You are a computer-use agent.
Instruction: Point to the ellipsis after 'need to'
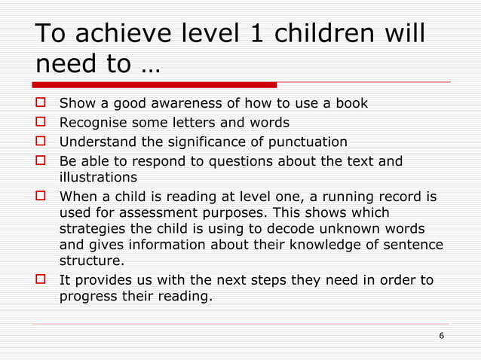pyautogui.click(x=150, y=65)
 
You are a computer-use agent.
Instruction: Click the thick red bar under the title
pyautogui.click(x=155, y=84)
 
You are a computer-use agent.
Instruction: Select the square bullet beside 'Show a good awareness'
pyautogui.click(x=42, y=103)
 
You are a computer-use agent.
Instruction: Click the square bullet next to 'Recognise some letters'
pyautogui.click(x=42, y=123)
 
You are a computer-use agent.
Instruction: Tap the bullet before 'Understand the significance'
pyautogui.click(x=42, y=142)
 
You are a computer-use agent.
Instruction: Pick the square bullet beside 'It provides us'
pyautogui.click(x=42, y=280)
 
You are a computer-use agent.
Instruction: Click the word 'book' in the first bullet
pyautogui.click(x=352, y=103)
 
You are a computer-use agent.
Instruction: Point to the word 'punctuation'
pyautogui.click(x=309, y=142)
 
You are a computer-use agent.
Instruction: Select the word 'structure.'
pyautogui.click(x=90, y=261)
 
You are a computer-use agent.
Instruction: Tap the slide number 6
pyautogui.click(x=441, y=334)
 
